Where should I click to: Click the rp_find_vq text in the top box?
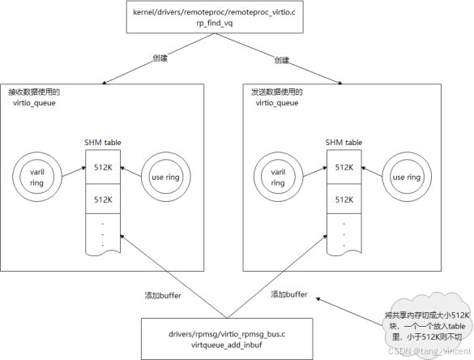point(215,24)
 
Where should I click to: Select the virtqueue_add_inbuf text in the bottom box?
point(226,345)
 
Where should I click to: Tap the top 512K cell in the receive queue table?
point(103,167)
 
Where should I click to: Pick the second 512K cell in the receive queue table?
point(103,199)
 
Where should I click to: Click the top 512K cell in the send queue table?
point(344,167)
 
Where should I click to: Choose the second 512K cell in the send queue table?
point(344,199)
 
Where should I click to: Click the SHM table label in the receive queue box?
point(103,143)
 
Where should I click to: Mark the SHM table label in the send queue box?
point(344,143)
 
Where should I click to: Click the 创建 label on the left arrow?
point(160,58)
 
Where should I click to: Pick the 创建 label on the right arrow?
point(282,60)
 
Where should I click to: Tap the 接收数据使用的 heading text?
point(34,92)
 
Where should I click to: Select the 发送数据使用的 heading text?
point(277,92)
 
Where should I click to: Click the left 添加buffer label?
point(163,295)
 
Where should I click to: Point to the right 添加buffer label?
point(289,294)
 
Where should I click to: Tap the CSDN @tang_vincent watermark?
point(429,351)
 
